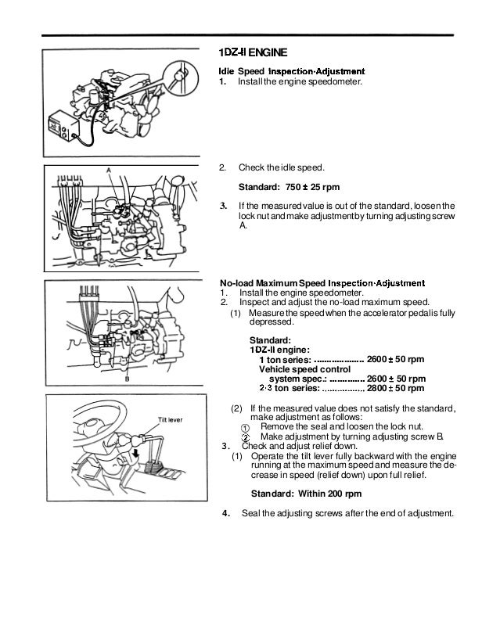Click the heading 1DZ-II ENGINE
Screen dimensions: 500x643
click(x=253, y=53)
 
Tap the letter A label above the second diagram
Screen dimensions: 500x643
click(x=107, y=169)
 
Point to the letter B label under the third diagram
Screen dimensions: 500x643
click(x=127, y=380)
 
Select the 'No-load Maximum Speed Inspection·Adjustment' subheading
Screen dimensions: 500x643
click(x=322, y=282)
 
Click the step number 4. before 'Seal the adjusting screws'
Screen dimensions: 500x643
click(x=226, y=514)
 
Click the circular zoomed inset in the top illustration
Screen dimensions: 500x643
click(x=181, y=77)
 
